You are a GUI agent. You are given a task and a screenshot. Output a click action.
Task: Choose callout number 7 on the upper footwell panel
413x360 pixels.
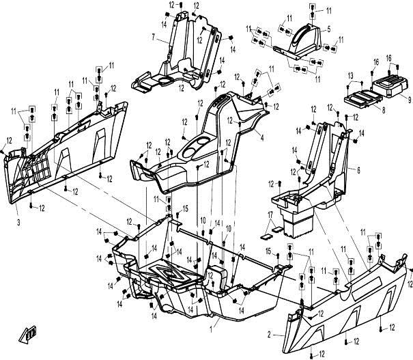[154, 36]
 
